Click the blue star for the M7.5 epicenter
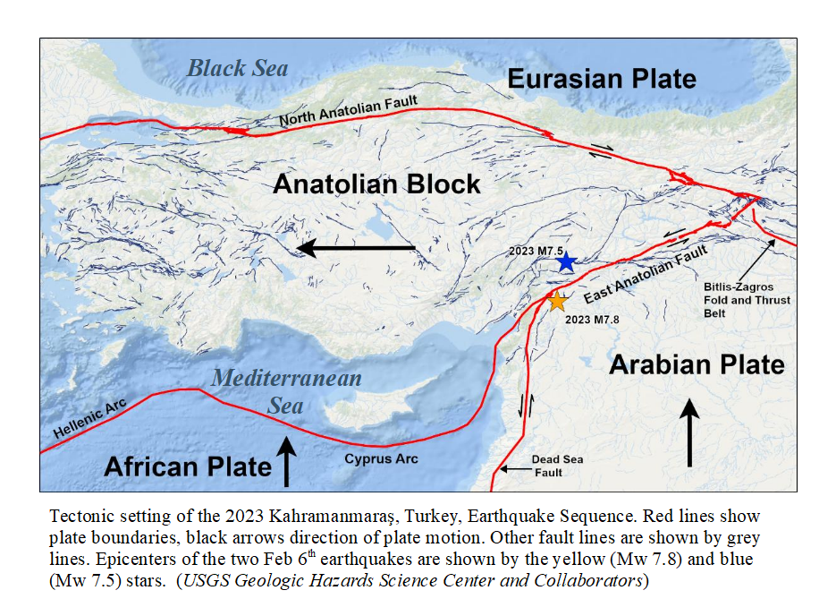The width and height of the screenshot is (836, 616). click(565, 262)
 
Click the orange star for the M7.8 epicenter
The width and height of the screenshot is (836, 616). click(557, 302)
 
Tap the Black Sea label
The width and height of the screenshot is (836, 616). click(238, 68)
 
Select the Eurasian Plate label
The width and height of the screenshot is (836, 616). click(602, 79)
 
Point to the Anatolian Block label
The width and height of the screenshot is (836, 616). click(376, 184)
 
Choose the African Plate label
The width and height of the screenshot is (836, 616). click(188, 466)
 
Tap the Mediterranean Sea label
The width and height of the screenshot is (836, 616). click(286, 391)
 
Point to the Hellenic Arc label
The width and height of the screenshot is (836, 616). click(86, 419)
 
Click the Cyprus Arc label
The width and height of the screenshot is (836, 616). click(381, 459)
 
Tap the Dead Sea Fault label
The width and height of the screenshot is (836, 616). click(558, 466)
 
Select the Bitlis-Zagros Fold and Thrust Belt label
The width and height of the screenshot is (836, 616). click(747, 300)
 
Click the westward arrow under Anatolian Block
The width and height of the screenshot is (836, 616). click(356, 248)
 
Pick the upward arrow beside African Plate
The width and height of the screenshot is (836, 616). click(286, 460)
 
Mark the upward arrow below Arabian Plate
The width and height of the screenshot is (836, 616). click(688, 433)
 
